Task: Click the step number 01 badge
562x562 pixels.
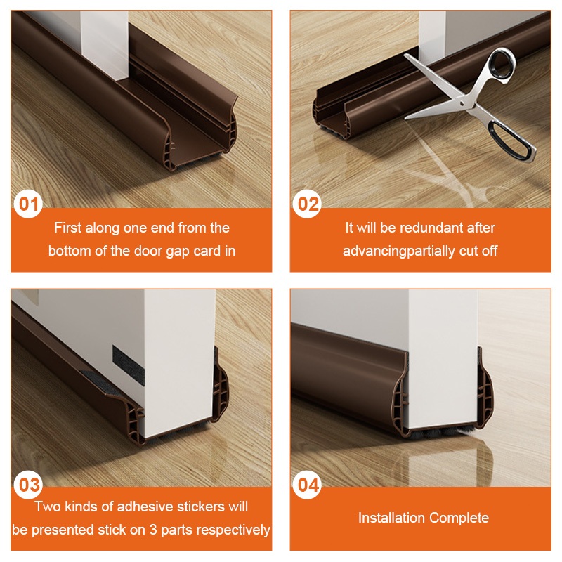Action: [x=28, y=204]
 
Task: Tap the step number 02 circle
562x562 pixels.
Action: [x=307, y=204]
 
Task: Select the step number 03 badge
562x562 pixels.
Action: [x=28, y=485]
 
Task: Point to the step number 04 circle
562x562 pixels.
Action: [x=307, y=485]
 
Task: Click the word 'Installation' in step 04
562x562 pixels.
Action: [x=391, y=518]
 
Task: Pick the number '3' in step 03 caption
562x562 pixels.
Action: [x=153, y=530]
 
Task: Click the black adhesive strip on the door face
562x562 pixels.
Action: [x=129, y=365]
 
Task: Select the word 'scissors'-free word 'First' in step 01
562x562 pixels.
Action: [x=68, y=228]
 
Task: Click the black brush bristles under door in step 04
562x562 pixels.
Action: [x=441, y=434]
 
